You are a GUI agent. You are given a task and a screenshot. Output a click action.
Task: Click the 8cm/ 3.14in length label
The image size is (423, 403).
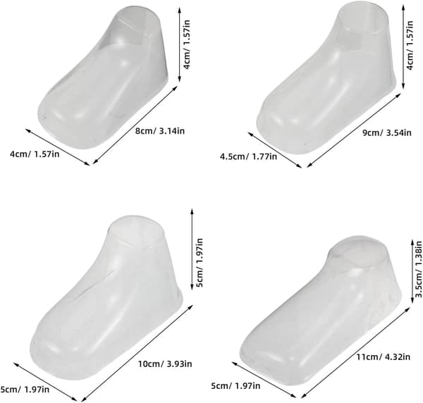point(160,131)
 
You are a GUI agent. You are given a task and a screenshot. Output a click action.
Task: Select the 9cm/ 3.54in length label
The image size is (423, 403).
point(386,132)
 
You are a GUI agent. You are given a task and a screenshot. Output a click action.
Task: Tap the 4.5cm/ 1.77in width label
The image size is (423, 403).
point(248,156)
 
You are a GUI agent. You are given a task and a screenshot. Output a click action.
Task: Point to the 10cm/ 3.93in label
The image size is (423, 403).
point(165,364)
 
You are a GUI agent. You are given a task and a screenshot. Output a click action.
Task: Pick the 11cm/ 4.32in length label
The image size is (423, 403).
point(384,357)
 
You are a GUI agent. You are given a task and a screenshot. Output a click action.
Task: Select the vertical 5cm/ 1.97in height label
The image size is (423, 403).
point(200,263)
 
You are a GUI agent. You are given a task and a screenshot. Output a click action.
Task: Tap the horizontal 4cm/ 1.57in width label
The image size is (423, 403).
point(35,154)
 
